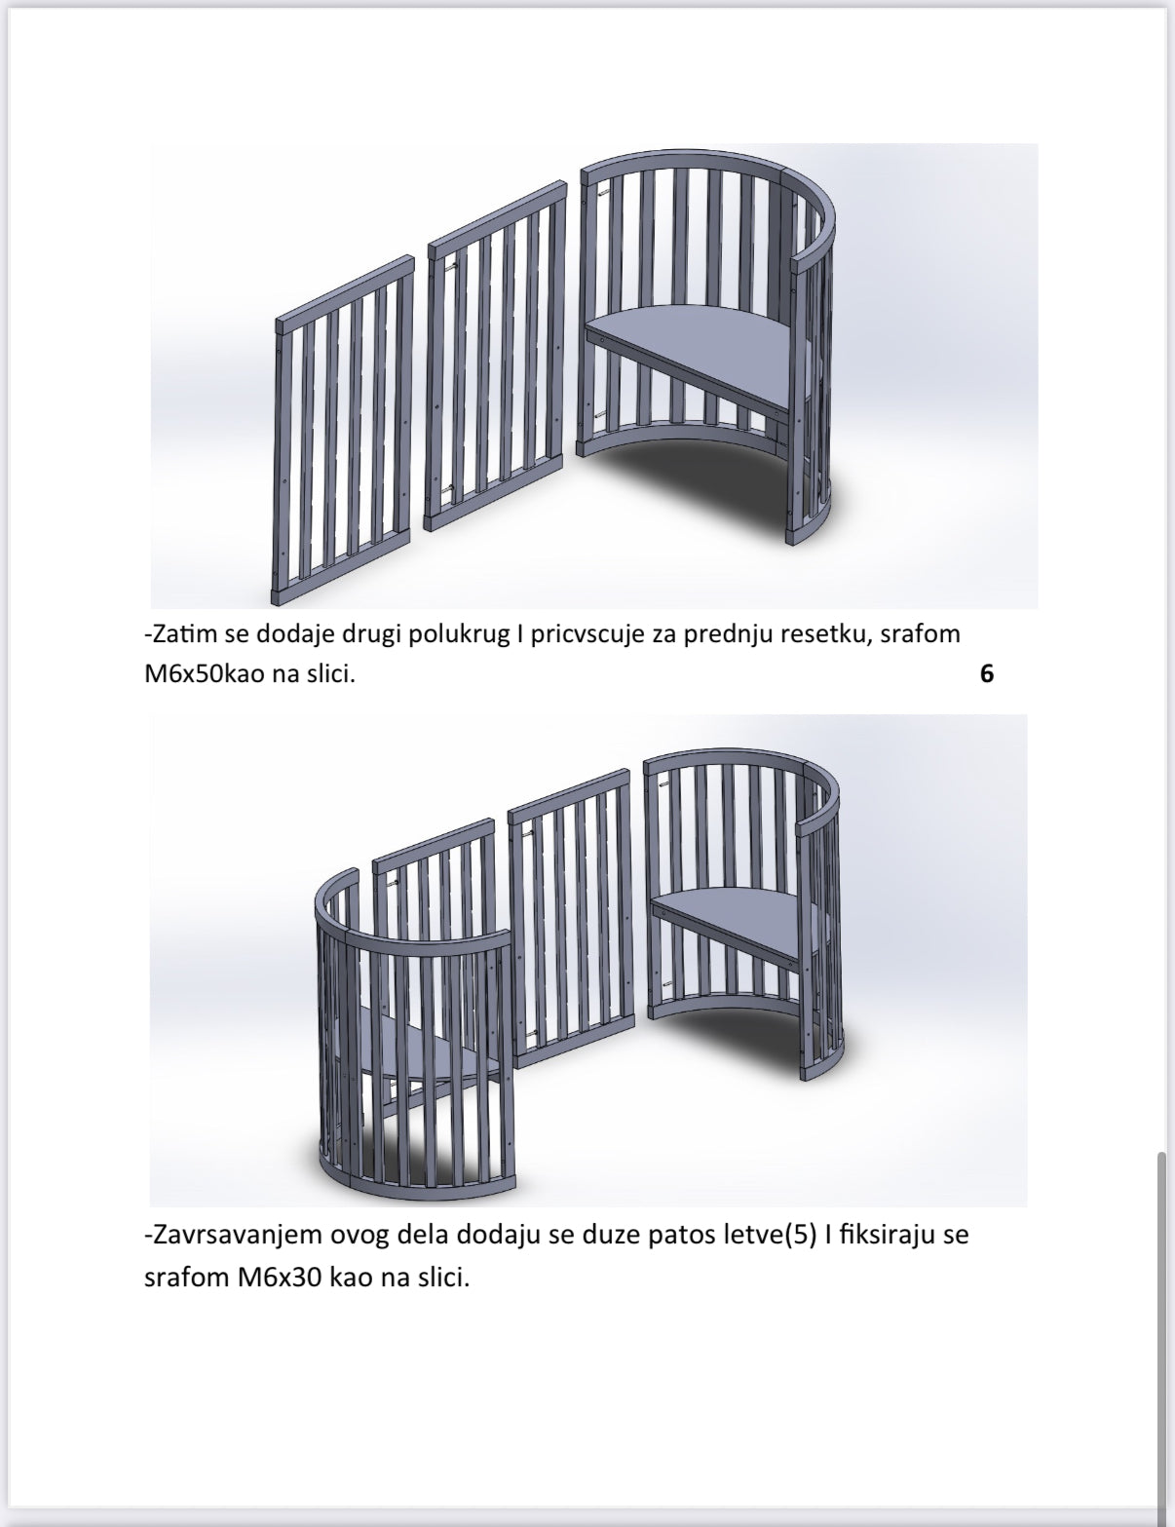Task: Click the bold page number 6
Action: [987, 674]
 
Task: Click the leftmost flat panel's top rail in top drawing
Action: [345, 292]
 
